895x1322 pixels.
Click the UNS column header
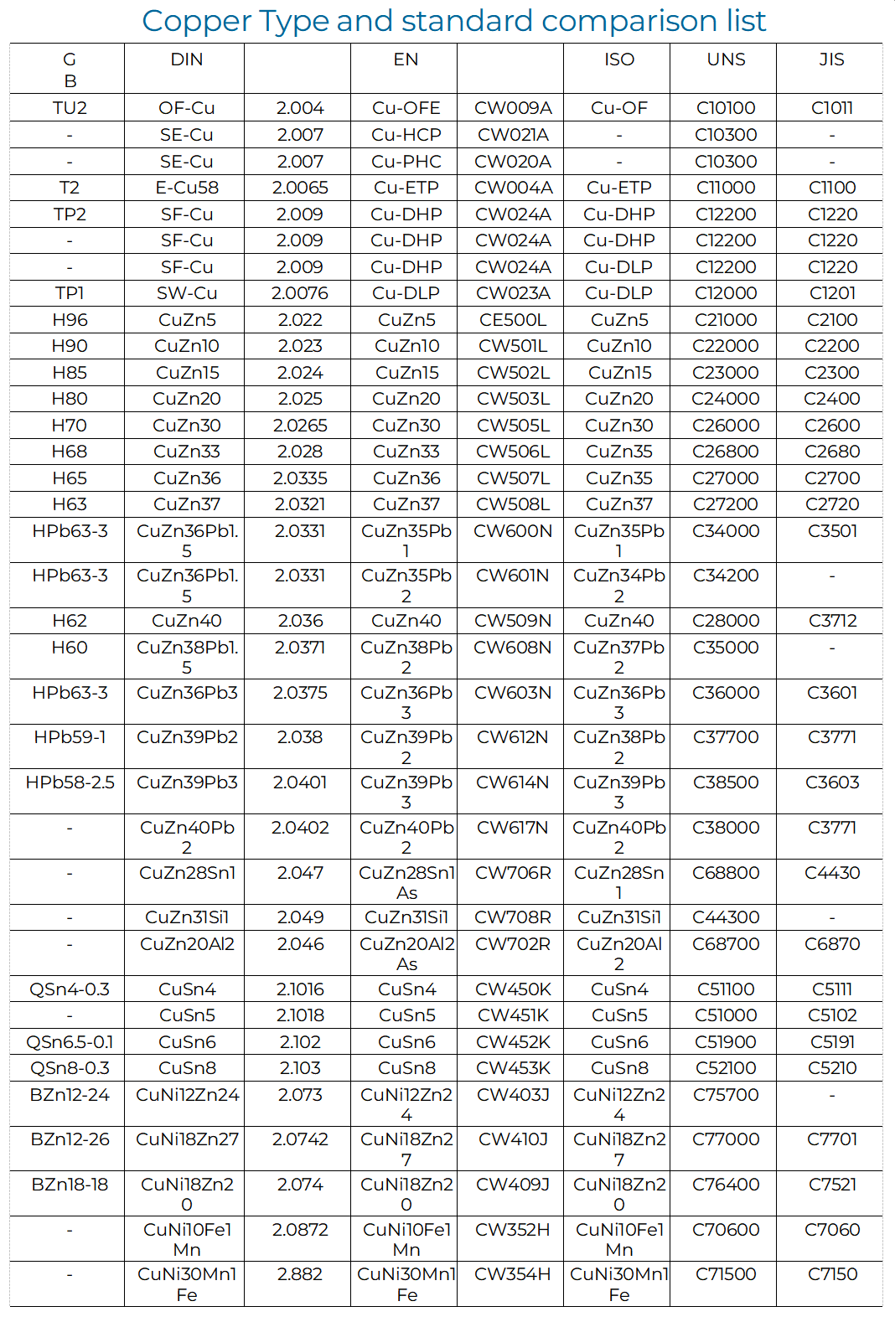tap(726, 60)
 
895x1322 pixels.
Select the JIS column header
tap(831, 60)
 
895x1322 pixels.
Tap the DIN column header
tap(186, 60)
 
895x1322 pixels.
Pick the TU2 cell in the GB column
tap(70, 108)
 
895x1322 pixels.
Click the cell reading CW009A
tap(513, 108)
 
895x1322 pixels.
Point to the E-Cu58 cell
tap(186, 188)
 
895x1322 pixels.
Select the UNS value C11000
tap(726, 188)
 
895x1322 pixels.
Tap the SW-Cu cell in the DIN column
tap(186, 293)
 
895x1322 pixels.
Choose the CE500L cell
tap(513, 320)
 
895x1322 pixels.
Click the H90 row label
tap(70, 346)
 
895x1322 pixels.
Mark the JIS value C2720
tap(831, 504)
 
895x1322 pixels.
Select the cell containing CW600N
tap(513, 531)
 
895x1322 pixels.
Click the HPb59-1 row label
tap(70, 737)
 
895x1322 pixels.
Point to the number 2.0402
tap(300, 828)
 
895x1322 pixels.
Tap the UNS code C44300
tap(726, 917)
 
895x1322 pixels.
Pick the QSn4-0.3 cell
tap(70, 989)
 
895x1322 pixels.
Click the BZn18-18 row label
tap(70, 1185)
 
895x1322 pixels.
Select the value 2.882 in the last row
tap(300, 1274)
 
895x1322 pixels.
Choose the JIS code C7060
tap(831, 1230)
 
